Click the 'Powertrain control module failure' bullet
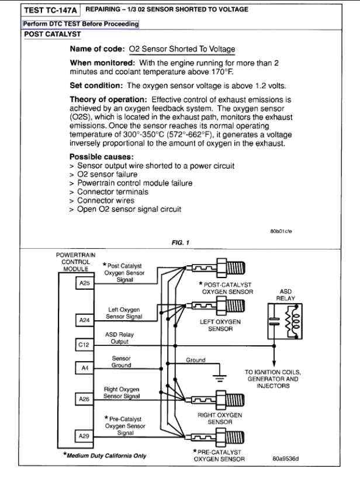(136, 183)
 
